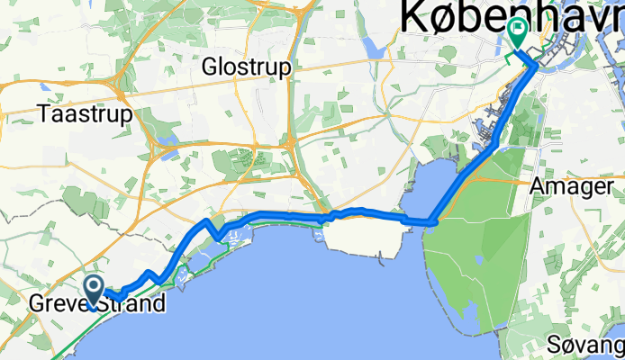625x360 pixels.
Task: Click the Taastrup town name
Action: click(x=86, y=115)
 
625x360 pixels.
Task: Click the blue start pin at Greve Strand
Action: click(x=94, y=291)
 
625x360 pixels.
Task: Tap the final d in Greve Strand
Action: click(x=159, y=304)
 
